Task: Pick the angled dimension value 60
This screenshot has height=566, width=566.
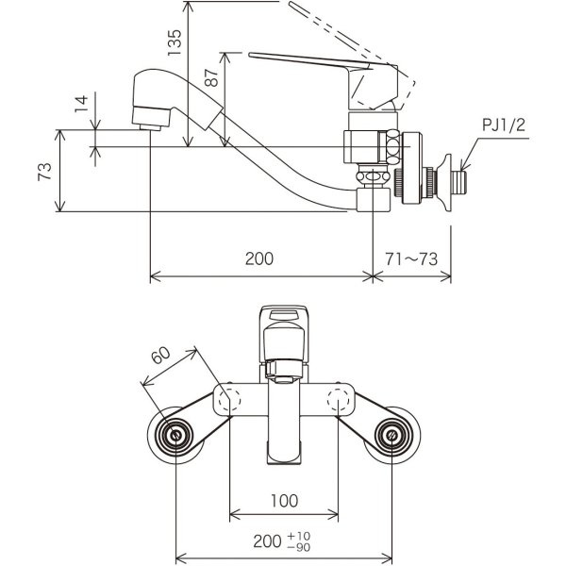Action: coord(159,357)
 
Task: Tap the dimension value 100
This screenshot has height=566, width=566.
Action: coord(285,500)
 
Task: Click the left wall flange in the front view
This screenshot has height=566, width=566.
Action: coord(176,435)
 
